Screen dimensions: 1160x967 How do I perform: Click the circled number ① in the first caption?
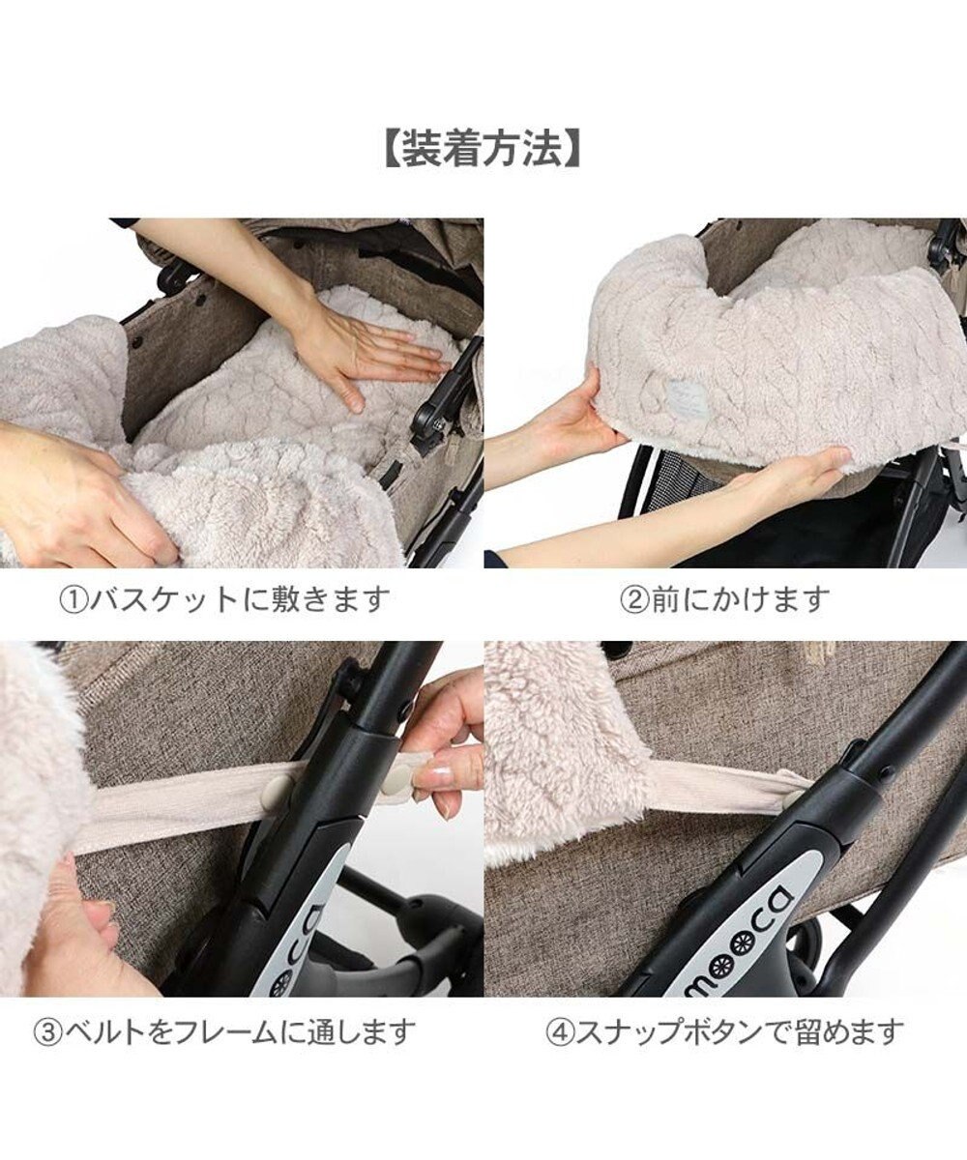point(74,599)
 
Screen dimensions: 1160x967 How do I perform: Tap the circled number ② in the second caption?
point(633,599)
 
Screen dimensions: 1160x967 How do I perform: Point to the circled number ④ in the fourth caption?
point(560,1030)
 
